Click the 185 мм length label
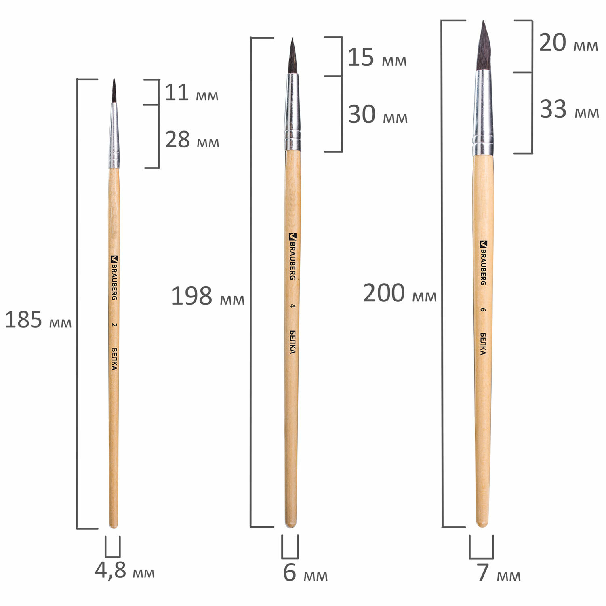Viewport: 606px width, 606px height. pos(38,320)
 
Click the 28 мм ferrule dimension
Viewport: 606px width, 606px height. pos(192,140)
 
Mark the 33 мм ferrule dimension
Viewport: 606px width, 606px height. pos(569,109)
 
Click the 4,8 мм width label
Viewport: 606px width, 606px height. pos(125,570)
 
